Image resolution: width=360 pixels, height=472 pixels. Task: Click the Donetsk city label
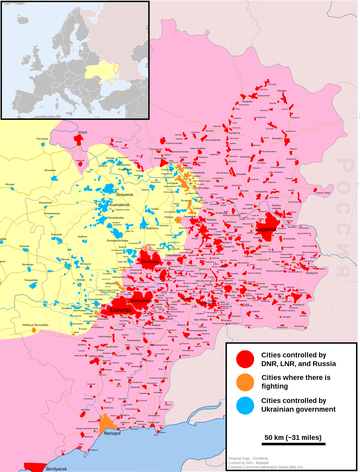[121, 310]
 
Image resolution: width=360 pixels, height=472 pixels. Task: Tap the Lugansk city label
[266, 229]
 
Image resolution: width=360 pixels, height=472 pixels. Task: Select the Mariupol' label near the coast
[112, 433]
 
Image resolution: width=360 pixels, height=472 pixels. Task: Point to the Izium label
[82, 132]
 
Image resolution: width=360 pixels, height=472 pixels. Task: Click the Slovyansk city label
[124, 195]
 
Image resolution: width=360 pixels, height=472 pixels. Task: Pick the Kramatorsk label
[119, 205]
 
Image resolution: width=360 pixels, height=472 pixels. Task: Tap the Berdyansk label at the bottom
[56, 469]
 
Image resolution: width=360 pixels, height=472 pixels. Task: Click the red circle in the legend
[245, 359]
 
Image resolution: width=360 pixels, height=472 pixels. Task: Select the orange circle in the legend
[245, 382]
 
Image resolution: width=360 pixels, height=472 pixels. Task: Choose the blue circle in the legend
[245, 405]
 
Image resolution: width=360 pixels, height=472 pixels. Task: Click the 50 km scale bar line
[293, 444]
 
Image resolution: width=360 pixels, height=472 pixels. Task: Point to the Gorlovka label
[150, 262]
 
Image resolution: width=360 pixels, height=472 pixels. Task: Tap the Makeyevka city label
[141, 301]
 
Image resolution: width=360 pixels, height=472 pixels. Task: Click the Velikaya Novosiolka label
[35, 325]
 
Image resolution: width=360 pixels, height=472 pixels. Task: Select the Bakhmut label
[152, 228]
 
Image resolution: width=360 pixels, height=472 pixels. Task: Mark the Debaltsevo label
[173, 255]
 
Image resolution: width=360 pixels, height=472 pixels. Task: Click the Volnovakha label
[96, 356]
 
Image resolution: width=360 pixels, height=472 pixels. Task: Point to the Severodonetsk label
[197, 173]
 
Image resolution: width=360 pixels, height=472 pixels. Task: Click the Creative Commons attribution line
[265, 467]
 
